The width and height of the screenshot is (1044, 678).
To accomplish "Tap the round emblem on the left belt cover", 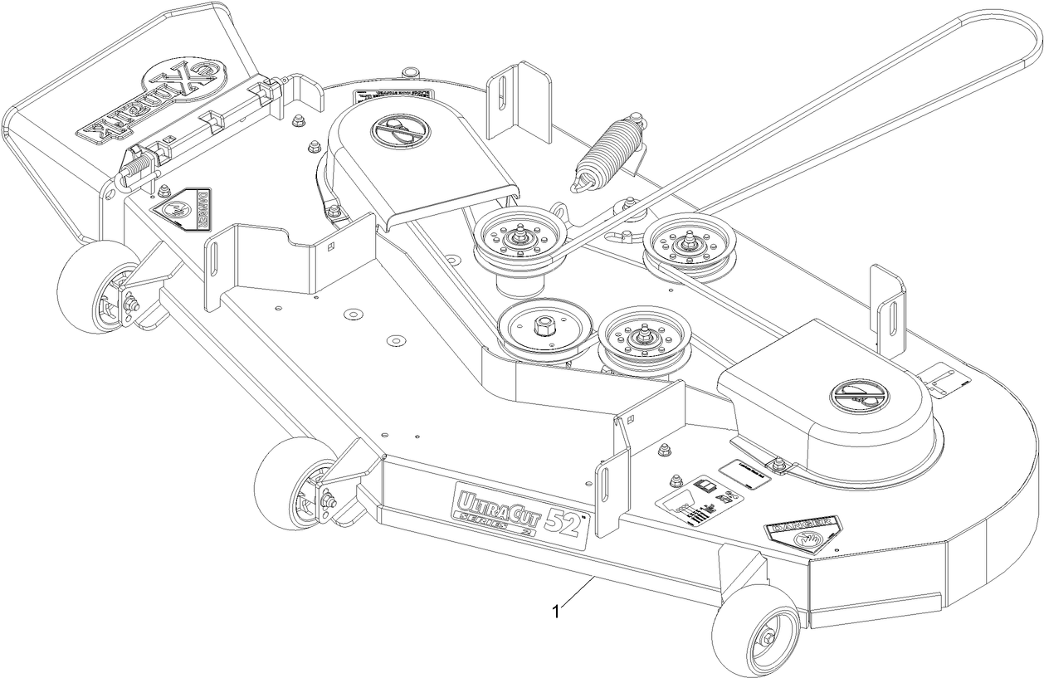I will (398, 130).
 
